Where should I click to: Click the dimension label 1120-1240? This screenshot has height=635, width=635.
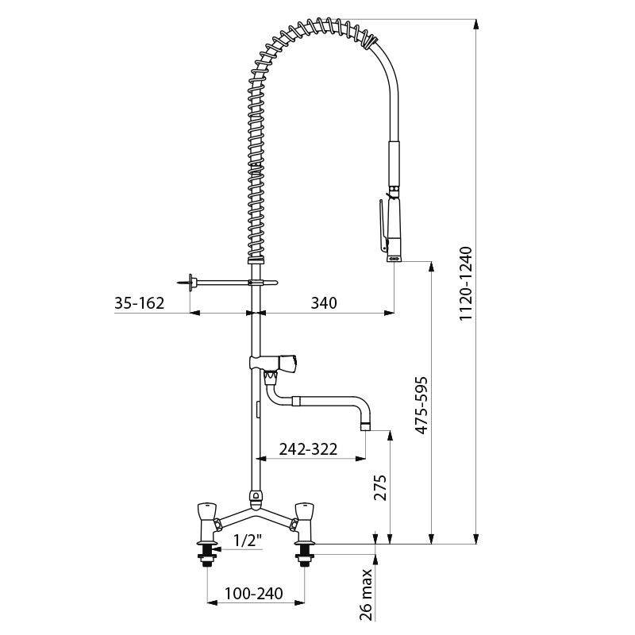[x=466, y=283]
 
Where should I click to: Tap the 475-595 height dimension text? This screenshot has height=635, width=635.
[x=421, y=406]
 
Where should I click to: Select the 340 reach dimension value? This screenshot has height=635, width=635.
[x=324, y=302]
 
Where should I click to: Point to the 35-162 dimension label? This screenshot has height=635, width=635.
[x=140, y=302]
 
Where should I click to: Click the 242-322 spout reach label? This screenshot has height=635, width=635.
[x=308, y=448]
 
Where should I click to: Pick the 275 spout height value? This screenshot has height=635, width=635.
[x=380, y=487]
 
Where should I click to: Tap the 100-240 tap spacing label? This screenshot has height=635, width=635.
[x=254, y=594]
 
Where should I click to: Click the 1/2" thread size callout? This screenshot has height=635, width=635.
[x=248, y=540]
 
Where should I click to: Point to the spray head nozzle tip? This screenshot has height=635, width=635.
[x=394, y=258]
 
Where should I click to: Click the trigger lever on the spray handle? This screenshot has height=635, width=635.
[x=383, y=224]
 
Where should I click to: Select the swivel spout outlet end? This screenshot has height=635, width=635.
[x=366, y=427]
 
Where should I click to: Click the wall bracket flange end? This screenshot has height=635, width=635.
[x=190, y=282]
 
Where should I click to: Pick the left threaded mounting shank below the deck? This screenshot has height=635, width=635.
[x=207, y=554]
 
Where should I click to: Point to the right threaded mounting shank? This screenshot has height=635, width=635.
[x=305, y=554]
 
